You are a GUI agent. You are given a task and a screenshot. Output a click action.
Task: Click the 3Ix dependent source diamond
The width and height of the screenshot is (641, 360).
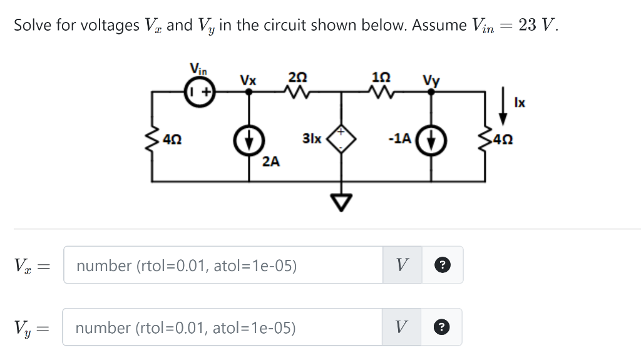(342, 138)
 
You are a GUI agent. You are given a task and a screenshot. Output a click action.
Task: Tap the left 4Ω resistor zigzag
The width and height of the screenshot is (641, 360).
(152, 138)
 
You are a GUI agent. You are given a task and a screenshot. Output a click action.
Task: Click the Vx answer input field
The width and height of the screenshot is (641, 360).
(223, 265)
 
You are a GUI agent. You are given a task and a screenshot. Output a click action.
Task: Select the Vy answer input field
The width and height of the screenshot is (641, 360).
(223, 327)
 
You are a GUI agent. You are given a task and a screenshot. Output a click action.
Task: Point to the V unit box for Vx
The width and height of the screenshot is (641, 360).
(403, 265)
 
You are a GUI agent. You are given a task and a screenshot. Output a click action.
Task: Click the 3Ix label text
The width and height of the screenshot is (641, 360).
(312, 138)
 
